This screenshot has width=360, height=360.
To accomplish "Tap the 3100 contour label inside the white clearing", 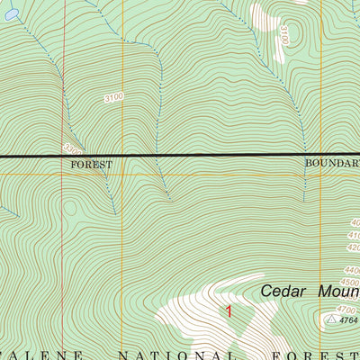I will click(x=283, y=37).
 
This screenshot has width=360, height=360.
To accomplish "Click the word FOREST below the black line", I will click(x=91, y=165).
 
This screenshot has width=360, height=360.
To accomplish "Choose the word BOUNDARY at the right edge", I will click(x=331, y=163).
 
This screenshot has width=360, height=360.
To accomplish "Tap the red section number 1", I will click(x=229, y=312).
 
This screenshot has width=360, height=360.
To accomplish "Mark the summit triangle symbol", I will click(x=330, y=319).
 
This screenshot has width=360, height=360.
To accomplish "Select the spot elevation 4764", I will click(x=348, y=319).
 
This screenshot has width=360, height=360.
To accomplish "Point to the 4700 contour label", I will click(x=353, y=306).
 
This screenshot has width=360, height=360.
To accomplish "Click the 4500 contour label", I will click(x=353, y=282).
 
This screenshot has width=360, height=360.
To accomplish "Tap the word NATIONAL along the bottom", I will click(x=136, y=354).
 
